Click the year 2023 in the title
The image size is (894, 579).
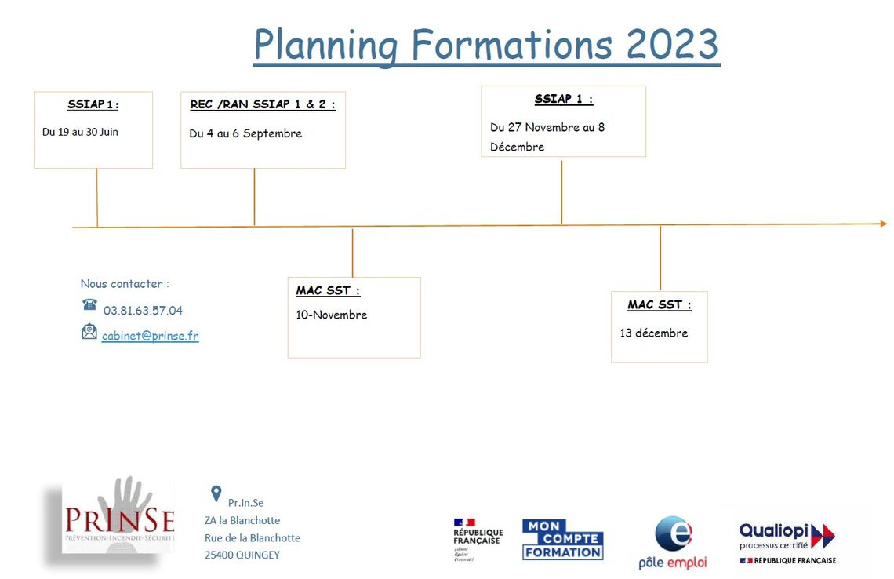672,44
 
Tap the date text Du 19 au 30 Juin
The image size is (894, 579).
81,132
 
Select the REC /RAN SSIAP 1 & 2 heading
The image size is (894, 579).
263,104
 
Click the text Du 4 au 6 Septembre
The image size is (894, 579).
245,133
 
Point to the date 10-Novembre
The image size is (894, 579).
331,315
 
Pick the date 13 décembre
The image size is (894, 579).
654,333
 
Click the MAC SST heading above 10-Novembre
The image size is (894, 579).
328,291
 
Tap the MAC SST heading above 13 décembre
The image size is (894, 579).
660,305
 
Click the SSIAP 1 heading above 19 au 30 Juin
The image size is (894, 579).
93,104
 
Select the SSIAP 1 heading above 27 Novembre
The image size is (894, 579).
564,100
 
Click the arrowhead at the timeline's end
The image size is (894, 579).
884,224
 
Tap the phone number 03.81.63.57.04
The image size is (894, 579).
143,311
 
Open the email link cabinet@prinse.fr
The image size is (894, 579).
151,336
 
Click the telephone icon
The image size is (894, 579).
89,304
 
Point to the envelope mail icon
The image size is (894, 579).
89,331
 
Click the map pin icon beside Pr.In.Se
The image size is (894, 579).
216,493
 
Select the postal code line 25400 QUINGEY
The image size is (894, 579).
242,555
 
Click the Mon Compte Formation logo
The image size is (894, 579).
563,540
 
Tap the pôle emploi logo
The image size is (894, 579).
673,542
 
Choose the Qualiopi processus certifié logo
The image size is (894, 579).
787,544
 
